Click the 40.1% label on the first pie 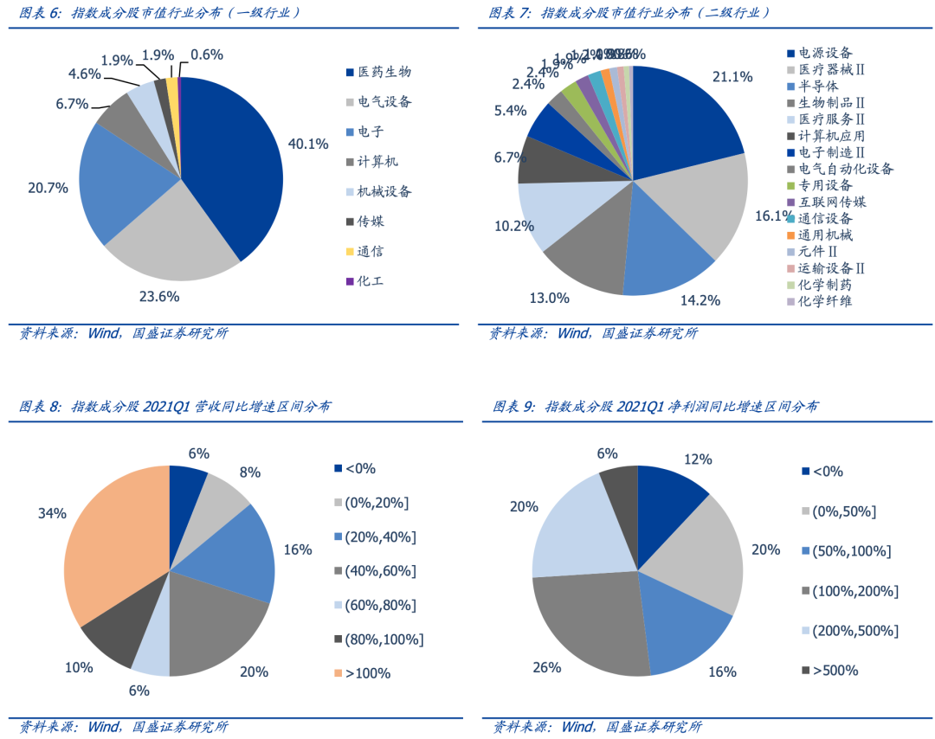pos(308,144)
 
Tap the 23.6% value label pos(158,297)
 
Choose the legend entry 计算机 pos(377,162)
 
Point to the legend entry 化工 pos(371,281)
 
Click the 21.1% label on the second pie pos(732,77)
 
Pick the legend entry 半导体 pos(818,86)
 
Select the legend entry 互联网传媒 pos(831,202)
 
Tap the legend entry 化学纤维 pos(824,301)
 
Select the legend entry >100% pos(367,672)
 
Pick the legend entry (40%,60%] pos(380,570)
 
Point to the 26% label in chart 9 pos(547,666)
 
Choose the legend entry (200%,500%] pos(854,631)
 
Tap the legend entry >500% pos(835,671)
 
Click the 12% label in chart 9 pos(697,459)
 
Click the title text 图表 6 pos(39,13)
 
